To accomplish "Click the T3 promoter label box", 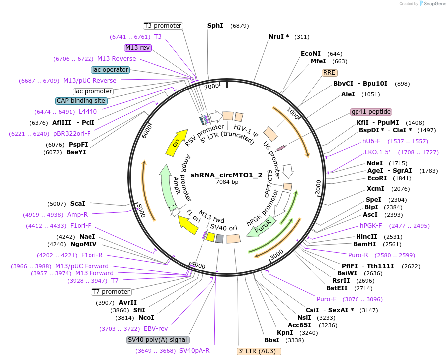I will click(163, 26).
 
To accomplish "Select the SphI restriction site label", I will click(215, 25).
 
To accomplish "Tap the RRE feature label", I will click(329, 73).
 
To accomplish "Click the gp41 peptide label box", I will click(371, 112).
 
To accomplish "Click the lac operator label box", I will click(110, 70).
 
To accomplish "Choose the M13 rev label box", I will click(138, 48).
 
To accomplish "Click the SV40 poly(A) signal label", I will click(158, 340).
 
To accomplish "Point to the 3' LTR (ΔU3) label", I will click(259, 351).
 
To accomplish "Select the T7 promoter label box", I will click(111, 292).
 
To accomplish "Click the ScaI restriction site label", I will click(78, 204).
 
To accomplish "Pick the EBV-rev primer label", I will click(156, 329).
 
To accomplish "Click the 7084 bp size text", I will click(227, 182).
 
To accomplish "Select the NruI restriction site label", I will click(279, 37).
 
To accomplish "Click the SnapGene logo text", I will click(433, 4).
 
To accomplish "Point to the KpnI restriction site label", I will click(285, 332).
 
